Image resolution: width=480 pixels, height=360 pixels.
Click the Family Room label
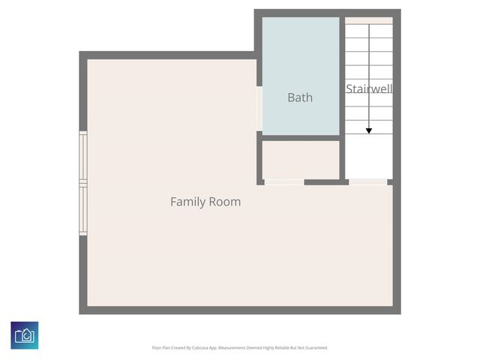click(205, 202)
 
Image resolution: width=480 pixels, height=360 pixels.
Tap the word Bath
click(300, 97)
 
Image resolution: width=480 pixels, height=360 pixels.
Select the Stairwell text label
click(369, 88)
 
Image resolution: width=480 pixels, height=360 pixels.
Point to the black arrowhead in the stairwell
click(369, 130)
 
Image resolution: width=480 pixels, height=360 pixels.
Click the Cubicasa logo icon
click(25, 334)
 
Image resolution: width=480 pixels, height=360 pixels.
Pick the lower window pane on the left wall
click(83, 211)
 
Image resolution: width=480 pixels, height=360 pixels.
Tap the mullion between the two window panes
click(83, 183)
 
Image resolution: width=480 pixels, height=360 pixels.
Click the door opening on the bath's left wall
click(259, 108)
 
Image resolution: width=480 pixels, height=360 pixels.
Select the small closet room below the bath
click(300, 158)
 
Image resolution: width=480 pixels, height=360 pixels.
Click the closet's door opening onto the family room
click(284, 181)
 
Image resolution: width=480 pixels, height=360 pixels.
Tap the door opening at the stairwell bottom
click(368, 181)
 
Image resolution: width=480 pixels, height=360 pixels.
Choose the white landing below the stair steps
click(368, 157)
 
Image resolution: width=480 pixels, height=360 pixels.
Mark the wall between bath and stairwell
click(342, 75)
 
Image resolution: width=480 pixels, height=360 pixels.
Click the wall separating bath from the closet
click(300, 137)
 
